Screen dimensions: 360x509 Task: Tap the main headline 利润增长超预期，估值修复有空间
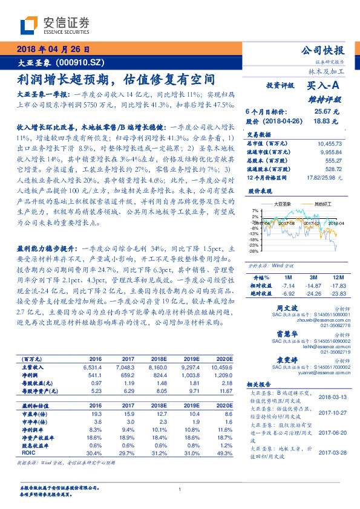[x=115, y=79]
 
